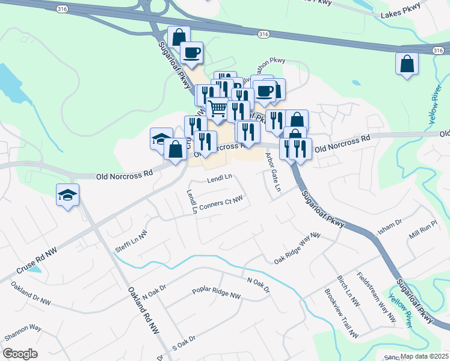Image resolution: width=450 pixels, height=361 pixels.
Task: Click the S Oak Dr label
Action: (x=184, y=342)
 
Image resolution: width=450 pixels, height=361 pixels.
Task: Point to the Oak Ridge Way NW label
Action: (x=297, y=249)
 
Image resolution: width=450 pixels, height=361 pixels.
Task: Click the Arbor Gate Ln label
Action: (x=273, y=172)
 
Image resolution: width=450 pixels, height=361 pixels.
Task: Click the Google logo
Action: (x=20, y=354)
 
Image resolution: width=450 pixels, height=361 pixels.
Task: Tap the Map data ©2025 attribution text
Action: (x=425, y=356)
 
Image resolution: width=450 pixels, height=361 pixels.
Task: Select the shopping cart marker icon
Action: (x=217, y=110)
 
